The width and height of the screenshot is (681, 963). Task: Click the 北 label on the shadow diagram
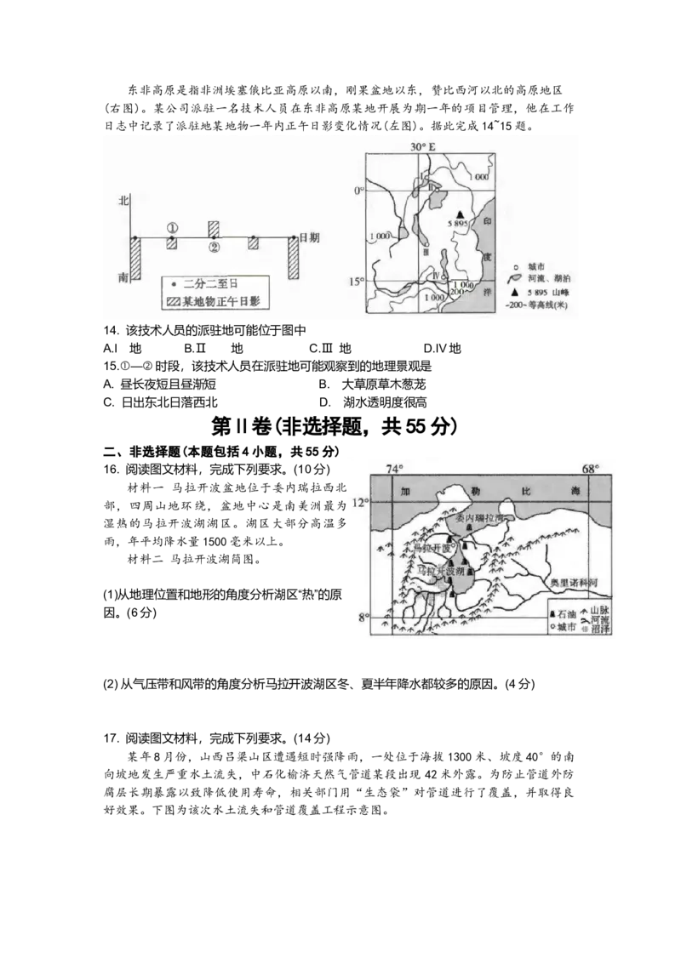click(123, 202)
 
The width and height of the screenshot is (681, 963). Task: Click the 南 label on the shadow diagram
click(123, 277)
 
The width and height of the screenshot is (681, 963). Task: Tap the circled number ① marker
click(172, 228)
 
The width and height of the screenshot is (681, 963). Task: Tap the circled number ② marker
click(215, 248)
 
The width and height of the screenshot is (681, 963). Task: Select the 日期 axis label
click(309, 238)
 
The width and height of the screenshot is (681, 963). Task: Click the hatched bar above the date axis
click(215, 228)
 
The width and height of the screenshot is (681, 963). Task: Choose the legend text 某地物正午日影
click(219, 300)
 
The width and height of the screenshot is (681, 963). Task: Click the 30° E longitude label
click(422, 147)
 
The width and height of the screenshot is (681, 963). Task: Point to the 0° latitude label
click(359, 191)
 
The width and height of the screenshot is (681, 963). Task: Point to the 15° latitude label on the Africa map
click(358, 282)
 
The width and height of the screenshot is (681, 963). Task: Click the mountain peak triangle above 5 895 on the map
click(461, 214)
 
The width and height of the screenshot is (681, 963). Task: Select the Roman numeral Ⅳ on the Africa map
click(434, 275)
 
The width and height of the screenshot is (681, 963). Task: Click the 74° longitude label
click(393, 469)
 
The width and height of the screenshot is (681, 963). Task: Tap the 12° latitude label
click(361, 502)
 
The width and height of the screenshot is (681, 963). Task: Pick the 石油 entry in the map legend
click(564, 614)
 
